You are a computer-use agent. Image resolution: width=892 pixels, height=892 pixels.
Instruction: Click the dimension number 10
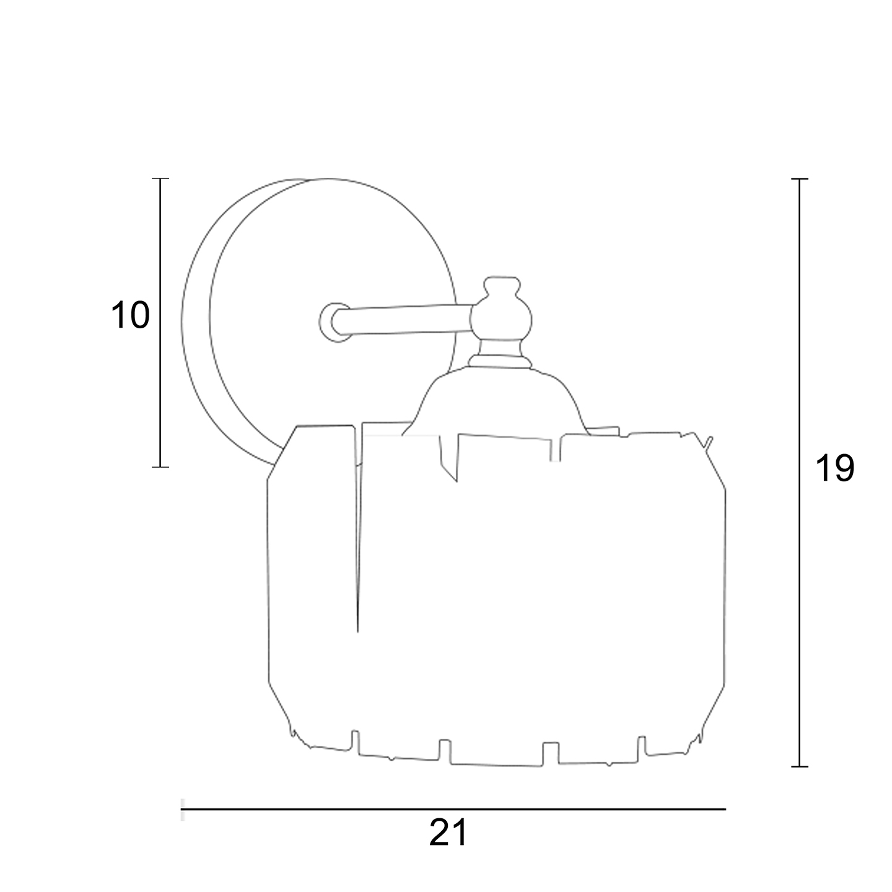pos(131,315)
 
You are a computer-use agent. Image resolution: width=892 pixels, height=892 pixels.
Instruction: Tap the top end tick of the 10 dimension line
pos(160,178)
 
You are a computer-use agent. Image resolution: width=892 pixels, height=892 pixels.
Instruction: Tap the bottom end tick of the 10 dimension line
pos(160,467)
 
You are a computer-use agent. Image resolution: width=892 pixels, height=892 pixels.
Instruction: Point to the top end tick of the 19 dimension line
pos(800,178)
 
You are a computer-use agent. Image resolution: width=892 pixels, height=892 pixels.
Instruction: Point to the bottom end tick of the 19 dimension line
pos(800,766)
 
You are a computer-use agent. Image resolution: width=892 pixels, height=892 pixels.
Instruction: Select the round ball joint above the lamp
pos(501,320)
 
